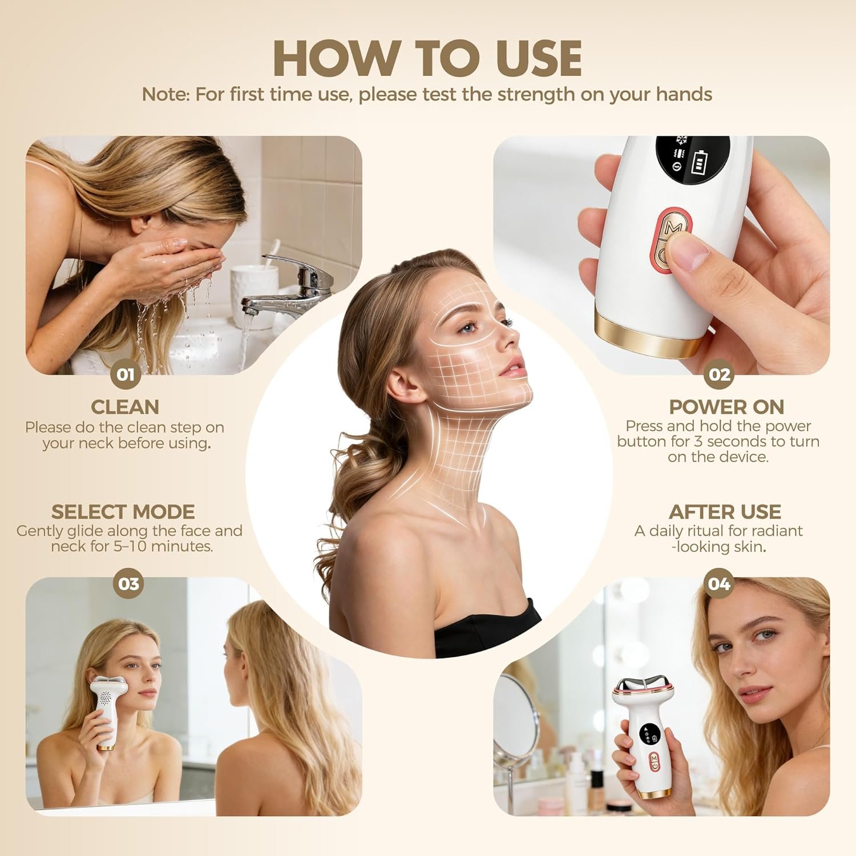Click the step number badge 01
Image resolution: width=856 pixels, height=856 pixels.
126,374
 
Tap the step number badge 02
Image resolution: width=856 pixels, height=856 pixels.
719,374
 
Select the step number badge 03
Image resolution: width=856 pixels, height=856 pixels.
128,584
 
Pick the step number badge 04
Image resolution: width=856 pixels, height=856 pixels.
718,584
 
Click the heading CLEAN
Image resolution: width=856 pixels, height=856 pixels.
125,407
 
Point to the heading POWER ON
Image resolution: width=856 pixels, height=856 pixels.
726,407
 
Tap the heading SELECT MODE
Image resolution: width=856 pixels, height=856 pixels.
123,511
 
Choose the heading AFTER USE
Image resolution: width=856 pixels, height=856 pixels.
725,511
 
